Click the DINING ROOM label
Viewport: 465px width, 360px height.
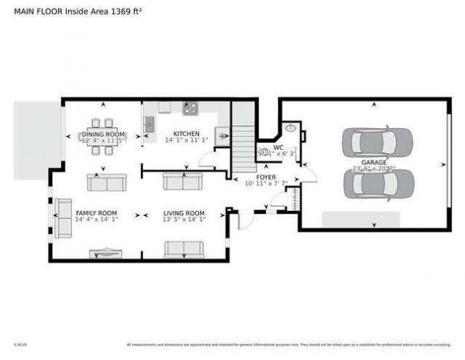pyautogui.click(x=102, y=135)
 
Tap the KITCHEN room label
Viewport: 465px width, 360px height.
pyautogui.click(x=186, y=134)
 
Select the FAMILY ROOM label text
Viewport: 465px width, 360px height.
pyautogui.click(x=96, y=213)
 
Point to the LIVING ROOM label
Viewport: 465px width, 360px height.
pyautogui.click(x=184, y=213)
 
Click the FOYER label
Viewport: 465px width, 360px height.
pyautogui.click(x=265, y=177)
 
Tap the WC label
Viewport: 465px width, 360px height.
pyautogui.click(x=278, y=147)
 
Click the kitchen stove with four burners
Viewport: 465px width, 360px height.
pyautogui.click(x=190, y=108)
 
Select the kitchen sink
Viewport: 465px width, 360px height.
pyautogui.click(x=150, y=124)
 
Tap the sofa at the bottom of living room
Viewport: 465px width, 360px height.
pyautogui.click(x=184, y=249)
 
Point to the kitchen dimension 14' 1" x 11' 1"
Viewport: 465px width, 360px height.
pyautogui.click(x=186, y=140)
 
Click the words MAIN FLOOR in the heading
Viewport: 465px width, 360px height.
pyautogui.click(x=38, y=12)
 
